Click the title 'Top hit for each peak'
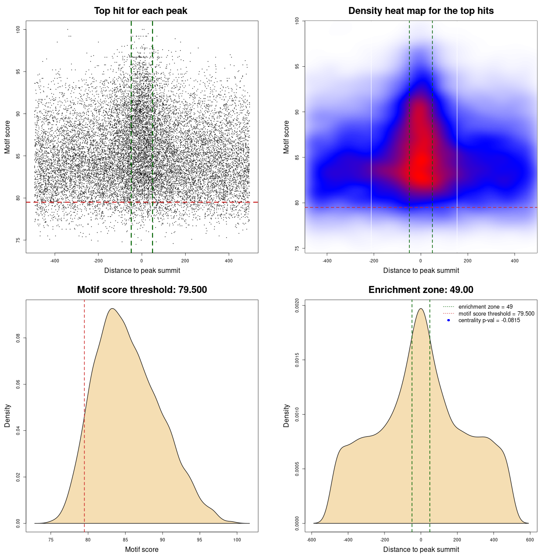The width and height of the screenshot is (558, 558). tap(141, 11)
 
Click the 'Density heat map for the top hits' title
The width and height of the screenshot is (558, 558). tap(421, 11)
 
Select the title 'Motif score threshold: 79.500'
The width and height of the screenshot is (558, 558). tap(142, 290)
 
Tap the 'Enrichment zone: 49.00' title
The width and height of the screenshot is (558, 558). tap(421, 290)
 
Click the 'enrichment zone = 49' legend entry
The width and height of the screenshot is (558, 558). tap(485, 307)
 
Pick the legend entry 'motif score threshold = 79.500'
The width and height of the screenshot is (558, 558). tap(496, 314)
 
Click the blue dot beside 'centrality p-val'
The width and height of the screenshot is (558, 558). tap(449, 320)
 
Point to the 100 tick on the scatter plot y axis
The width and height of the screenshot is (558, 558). tap(18, 29)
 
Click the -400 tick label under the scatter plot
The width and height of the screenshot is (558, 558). tap(54, 261)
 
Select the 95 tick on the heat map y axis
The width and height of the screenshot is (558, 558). tap(297, 66)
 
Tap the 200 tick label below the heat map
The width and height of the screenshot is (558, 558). tap(468, 261)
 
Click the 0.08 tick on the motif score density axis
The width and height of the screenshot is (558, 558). tap(18, 338)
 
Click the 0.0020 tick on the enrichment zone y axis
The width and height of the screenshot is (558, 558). tap(297, 305)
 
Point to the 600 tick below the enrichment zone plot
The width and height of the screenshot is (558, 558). tap(530, 540)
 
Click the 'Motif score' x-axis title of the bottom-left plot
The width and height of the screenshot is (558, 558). tap(142, 549)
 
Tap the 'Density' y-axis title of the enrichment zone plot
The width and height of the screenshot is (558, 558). tap(286, 415)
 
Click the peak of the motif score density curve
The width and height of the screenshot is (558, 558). tap(112, 309)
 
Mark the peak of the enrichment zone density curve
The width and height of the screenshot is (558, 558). tap(421, 309)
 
